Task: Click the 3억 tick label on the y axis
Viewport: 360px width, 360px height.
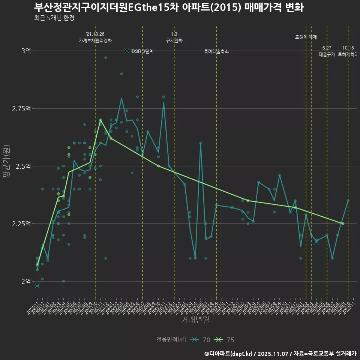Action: (x=26, y=51)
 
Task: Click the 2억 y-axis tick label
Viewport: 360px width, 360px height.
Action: (x=26, y=281)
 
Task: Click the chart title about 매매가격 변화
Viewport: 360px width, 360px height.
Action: (x=168, y=7)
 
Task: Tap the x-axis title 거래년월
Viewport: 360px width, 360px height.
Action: (x=195, y=320)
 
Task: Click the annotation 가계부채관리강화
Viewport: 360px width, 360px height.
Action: (x=95, y=40)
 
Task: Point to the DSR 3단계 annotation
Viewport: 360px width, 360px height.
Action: (x=142, y=51)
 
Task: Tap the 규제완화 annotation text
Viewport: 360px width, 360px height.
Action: (x=174, y=40)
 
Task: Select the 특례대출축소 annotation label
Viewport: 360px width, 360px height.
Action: (x=216, y=51)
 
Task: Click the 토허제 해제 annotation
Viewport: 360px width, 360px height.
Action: (x=306, y=37)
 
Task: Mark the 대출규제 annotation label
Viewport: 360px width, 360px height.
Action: (x=327, y=54)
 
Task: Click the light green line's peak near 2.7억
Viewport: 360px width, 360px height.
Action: (x=100, y=120)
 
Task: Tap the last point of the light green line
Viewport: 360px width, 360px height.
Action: (x=342, y=223)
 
